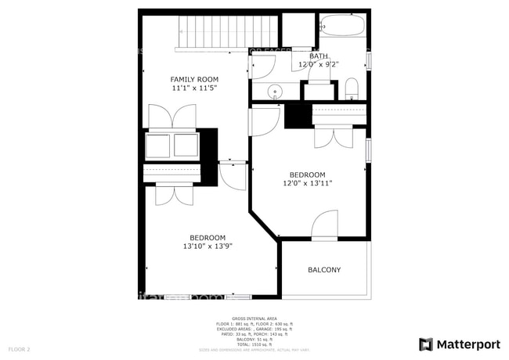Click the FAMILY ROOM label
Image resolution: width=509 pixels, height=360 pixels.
point(194,79)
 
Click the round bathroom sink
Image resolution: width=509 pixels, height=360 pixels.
point(275,92)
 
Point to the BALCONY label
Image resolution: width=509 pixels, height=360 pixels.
point(323,270)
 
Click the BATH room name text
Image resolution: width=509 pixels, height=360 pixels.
point(319,56)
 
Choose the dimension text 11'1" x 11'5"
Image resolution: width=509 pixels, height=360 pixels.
point(194,88)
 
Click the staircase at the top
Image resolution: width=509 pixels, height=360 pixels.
point(227,32)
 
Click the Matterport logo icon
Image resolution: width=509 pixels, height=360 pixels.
point(426,344)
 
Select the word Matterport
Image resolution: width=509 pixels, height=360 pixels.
point(469,344)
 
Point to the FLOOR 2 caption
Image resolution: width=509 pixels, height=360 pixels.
point(20,348)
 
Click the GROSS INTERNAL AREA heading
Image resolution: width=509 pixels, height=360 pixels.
point(254,319)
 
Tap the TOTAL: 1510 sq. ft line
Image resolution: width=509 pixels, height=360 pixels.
point(254,344)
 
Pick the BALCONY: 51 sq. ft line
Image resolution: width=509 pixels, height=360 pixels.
point(254,340)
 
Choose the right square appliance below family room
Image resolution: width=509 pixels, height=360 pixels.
point(186,146)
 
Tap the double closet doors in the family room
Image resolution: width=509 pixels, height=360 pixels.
point(172,118)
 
